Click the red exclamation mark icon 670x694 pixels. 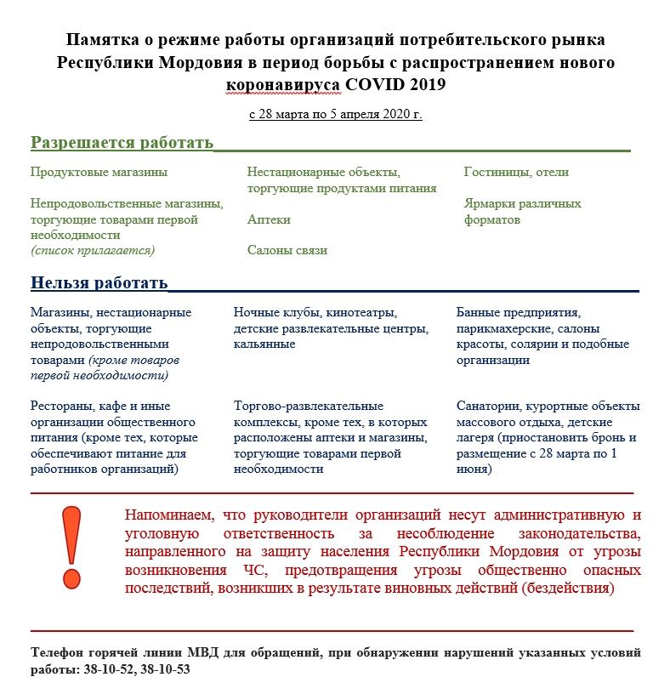(72, 546)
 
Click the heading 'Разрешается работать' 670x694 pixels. (122, 142)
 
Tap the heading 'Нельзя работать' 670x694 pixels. (99, 282)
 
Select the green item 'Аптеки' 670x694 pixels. (269, 219)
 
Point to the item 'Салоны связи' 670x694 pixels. (287, 250)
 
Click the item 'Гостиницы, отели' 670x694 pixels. (516, 172)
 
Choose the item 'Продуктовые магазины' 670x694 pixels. (99, 172)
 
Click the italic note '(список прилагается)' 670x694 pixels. (92, 250)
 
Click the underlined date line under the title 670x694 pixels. (335, 114)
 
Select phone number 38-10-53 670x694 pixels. (162, 668)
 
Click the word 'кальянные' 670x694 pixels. (264, 344)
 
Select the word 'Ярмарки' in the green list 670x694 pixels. (487, 204)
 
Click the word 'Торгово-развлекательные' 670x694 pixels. (309, 406)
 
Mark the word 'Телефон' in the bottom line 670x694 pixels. (56, 653)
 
